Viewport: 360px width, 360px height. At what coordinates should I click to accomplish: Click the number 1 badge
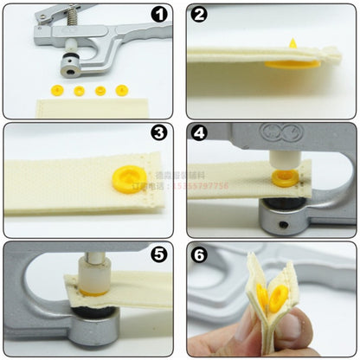[158, 16]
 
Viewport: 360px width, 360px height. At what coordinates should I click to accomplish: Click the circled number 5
[158, 254]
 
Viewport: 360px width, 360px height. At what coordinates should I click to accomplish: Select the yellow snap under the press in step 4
[284, 181]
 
